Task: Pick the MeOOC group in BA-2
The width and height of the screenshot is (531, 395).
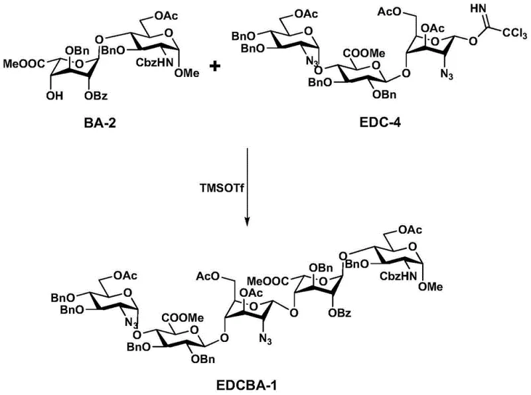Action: [22, 64]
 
